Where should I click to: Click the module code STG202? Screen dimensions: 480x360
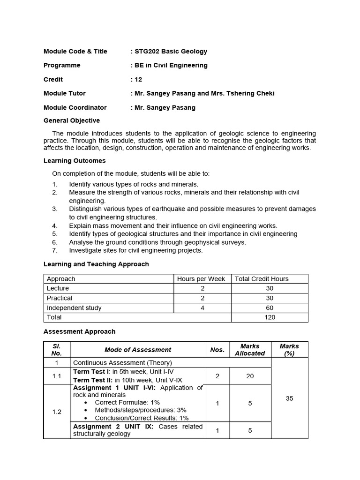tap(147, 52)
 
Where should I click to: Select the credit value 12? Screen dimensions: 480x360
tap(138, 80)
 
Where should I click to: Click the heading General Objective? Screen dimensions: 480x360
tap(72, 121)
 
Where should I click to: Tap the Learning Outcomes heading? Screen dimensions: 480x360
tap(75, 161)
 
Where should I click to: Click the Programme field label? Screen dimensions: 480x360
tap(62, 66)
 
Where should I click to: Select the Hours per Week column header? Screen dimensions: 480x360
tap(201, 279)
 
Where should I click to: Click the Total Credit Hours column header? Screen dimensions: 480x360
tap(262, 279)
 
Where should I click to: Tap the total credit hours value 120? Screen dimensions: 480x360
tap(270, 317)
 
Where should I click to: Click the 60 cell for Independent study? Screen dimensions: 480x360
tap(270, 308)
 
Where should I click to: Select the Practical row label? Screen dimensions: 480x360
tap(60, 298)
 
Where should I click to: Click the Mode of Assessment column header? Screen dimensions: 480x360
tap(138, 350)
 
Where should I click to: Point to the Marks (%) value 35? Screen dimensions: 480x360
tap(289, 398)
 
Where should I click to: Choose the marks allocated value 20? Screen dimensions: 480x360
tap(250, 376)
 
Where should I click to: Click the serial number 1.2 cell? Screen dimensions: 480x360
tap(57, 412)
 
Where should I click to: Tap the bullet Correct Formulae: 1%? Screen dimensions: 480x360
tap(127, 403)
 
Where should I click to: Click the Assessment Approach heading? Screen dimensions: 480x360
tap(79, 332)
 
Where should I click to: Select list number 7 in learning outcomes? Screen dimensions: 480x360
tap(55, 250)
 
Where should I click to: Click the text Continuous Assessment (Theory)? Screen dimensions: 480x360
tap(123, 363)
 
